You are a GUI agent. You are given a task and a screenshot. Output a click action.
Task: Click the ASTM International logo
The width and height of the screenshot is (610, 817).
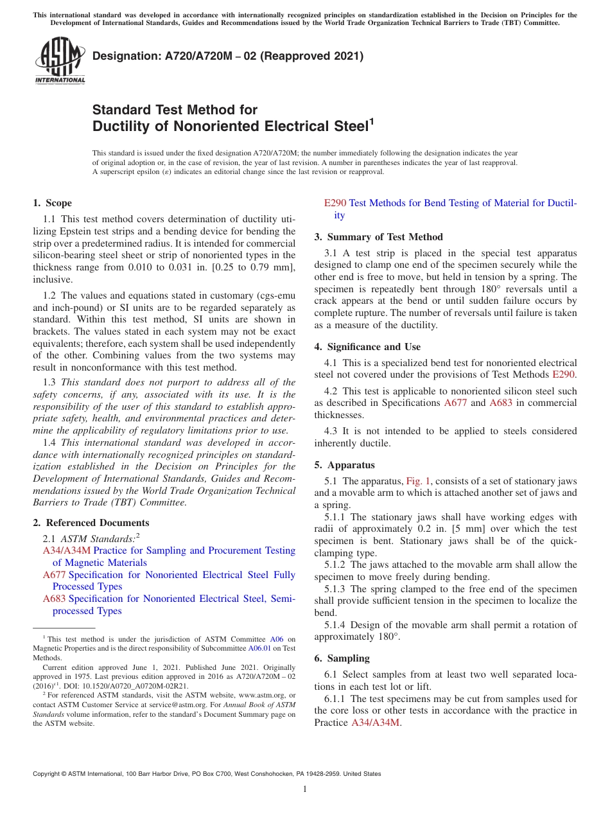coord(60,60)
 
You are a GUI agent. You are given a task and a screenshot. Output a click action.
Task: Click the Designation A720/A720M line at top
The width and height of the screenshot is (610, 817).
coord(228,56)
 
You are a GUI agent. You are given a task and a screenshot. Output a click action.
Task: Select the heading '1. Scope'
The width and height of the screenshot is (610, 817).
coord(52,203)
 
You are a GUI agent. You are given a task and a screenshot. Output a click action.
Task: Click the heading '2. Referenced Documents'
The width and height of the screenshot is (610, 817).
coord(91,523)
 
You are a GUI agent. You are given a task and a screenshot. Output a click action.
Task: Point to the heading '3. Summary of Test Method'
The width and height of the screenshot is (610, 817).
coord(379,237)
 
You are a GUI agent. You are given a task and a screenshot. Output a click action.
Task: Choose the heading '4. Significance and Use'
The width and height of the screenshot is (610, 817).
coord(368,347)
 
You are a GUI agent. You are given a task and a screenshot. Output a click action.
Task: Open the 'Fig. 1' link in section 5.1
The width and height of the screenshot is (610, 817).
coord(419,481)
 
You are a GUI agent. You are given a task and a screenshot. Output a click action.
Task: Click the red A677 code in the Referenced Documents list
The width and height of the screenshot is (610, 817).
coord(54,575)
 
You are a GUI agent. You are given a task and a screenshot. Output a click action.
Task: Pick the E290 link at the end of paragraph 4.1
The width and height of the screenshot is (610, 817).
coord(563,374)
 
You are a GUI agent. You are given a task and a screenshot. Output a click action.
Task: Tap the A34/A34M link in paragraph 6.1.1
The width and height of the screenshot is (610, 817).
coord(376,723)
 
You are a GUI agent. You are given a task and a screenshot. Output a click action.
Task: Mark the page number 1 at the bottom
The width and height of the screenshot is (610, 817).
coord(305,789)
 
